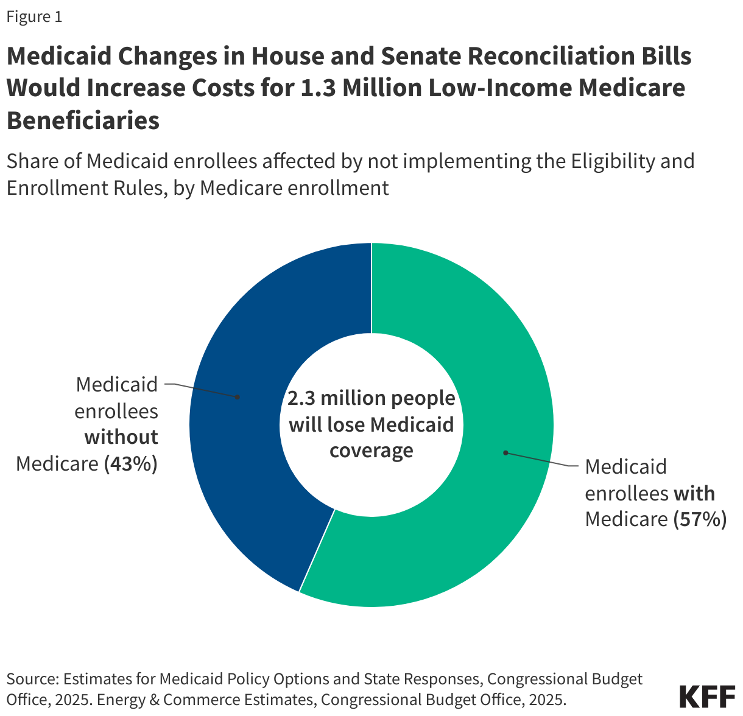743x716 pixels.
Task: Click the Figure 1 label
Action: coord(34,17)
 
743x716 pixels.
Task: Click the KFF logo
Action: coord(707,697)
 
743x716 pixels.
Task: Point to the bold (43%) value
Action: coord(131,464)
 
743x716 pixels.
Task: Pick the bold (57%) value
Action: coord(700,519)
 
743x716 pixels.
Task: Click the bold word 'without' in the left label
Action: coord(121,437)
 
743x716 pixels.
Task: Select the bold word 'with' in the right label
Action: coord(694,493)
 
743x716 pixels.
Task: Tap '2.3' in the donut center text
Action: coord(301,398)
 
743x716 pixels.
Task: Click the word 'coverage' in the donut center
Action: coord(371,451)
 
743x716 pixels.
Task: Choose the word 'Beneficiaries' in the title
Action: coord(83,121)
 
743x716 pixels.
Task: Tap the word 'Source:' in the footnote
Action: coord(32,679)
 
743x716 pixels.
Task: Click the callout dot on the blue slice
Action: coord(238,397)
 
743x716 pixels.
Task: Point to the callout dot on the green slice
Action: coord(505,452)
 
